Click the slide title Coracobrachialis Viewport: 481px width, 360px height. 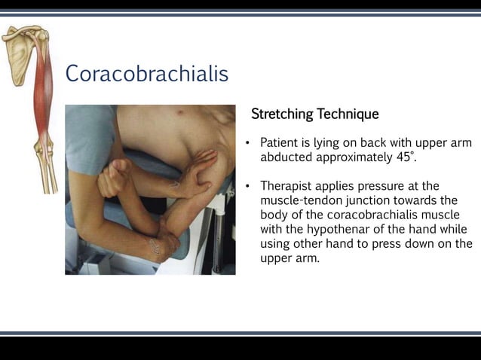[x=146, y=74]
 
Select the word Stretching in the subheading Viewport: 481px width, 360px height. [x=282, y=114]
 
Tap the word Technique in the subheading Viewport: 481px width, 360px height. [x=348, y=114]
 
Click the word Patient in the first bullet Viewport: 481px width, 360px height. [x=280, y=142]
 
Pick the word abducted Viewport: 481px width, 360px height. [x=287, y=157]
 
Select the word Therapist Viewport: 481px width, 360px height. [x=287, y=185]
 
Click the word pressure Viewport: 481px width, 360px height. [x=383, y=185]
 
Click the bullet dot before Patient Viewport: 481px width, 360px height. [x=248, y=143]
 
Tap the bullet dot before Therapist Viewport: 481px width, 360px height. [x=248, y=186]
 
